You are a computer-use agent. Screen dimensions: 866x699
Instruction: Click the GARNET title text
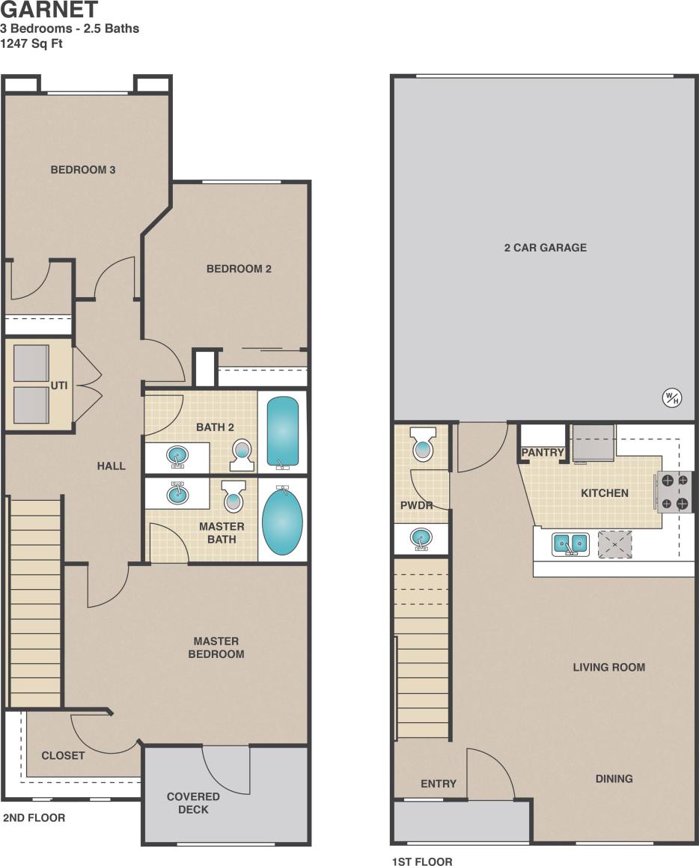click(49, 10)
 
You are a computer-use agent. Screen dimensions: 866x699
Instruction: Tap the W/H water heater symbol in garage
click(671, 398)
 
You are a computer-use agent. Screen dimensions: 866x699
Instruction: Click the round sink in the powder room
click(421, 537)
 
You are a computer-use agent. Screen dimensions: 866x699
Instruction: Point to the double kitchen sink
click(570, 544)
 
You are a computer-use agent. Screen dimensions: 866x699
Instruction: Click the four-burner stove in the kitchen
click(674, 492)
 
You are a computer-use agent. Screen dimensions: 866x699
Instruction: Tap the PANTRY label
click(543, 453)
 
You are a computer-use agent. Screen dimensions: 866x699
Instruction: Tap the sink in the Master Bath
click(177, 493)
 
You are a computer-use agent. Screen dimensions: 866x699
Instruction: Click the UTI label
click(59, 385)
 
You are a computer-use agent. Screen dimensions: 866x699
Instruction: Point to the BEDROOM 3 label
click(83, 170)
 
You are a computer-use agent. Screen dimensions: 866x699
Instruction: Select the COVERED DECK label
click(193, 802)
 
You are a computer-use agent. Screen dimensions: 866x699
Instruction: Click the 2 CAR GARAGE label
click(545, 248)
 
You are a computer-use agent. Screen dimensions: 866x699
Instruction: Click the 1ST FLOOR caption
click(422, 862)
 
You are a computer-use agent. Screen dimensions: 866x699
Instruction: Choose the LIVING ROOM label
click(608, 667)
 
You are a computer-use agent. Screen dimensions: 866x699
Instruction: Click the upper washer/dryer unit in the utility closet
click(31, 363)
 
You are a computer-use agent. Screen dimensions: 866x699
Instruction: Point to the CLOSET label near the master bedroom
click(63, 755)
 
